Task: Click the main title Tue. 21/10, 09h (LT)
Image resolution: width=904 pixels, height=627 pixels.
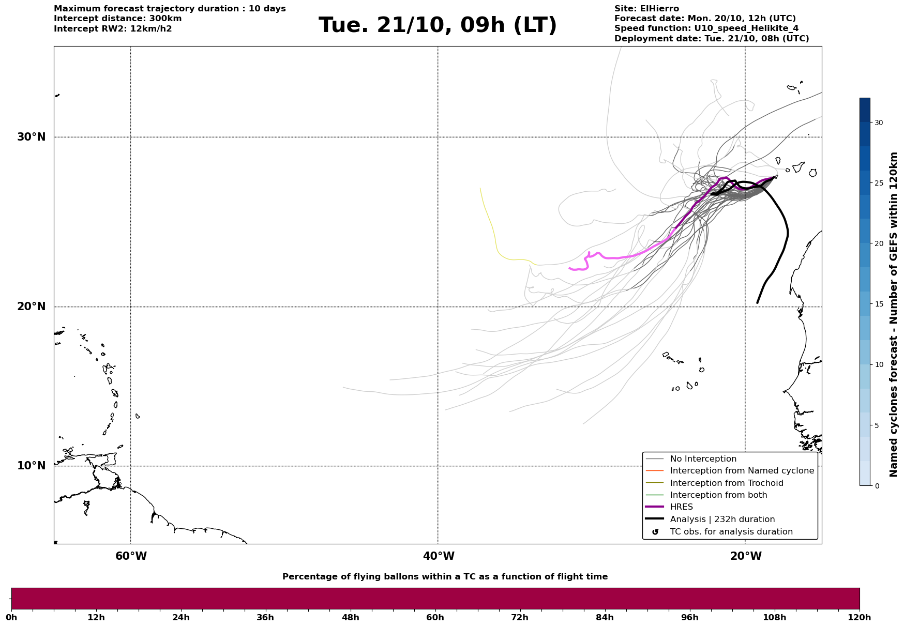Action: click(438, 25)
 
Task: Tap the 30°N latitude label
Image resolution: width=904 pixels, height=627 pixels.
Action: click(32, 137)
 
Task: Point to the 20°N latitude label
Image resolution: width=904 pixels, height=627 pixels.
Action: click(32, 307)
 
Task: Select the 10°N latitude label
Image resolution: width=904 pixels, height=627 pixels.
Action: click(32, 466)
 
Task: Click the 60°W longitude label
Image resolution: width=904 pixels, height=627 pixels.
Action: click(131, 556)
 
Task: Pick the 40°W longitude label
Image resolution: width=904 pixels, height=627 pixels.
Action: click(439, 556)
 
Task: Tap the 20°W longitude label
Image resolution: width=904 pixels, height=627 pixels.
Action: click(746, 556)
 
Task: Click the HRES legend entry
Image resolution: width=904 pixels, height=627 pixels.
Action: click(681, 507)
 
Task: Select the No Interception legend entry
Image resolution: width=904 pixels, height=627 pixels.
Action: click(703, 459)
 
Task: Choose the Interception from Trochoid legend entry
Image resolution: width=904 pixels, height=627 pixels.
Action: click(726, 483)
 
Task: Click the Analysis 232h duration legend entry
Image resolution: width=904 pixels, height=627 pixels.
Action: click(722, 519)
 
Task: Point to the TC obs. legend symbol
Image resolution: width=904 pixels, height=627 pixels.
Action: click(655, 532)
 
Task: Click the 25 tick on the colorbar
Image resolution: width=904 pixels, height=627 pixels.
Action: click(879, 183)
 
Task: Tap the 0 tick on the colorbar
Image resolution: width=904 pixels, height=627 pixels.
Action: click(876, 486)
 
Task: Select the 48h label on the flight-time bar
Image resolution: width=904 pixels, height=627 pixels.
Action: click(350, 618)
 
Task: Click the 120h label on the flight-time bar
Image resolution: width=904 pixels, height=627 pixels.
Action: click(860, 618)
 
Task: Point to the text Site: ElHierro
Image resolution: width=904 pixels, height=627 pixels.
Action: click(646, 9)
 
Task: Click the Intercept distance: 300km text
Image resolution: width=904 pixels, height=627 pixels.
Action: click(117, 19)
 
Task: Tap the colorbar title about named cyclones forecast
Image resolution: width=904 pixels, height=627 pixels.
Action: click(893, 314)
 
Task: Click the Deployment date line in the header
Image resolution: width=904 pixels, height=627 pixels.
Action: click(711, 39)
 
